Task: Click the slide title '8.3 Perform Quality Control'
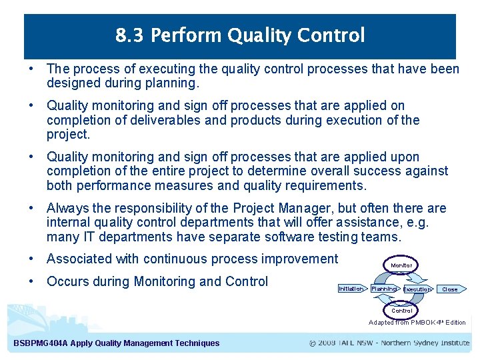pyautogui.click(x=240, y=35)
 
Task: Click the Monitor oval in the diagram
pyautogui.click(x=401, y=265)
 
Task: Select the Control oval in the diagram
pyautogui.click(x=401, y=311)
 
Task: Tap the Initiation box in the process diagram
pyautogui.click(x=351, y=289)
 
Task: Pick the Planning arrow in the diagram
pyautogui.click(x=384, y=289)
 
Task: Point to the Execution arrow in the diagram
pyautogui.click(x=417, y=289)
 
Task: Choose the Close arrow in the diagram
pyautogui.click(x=451, y=289)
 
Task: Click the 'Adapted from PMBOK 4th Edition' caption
pyautogui.click(x=417, y=323)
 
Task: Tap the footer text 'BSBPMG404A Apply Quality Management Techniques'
pyautogui.click(x=116, y=343)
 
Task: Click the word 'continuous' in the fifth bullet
pyautogui.click(x=179, y=259)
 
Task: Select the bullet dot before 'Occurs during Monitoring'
pyautogui.click(x=32, y=281)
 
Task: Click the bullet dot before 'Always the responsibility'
pyautogui.click(x=32, y=209)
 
